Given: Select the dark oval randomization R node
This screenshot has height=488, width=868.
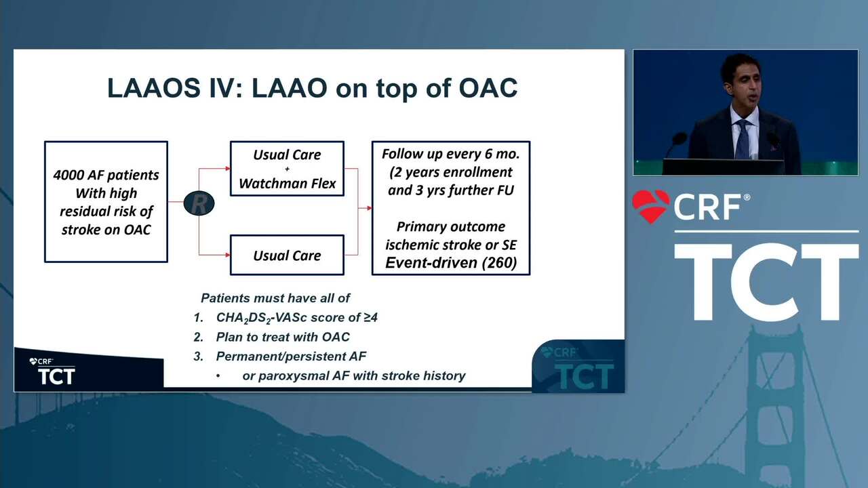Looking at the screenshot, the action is (199, 203).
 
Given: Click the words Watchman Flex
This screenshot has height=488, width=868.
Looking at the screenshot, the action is (287, 183).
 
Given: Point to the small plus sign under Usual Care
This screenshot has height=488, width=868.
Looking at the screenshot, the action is (287, 169).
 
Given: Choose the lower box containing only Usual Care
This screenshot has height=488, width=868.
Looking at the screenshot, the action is (287, 255).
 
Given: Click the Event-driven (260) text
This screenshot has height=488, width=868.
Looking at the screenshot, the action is (451, 262).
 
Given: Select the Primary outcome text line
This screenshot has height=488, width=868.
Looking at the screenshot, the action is (451, 226).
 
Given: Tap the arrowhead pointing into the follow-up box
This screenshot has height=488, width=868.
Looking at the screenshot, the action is (370, 208).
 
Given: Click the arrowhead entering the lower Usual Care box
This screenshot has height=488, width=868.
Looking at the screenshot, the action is (228, 255).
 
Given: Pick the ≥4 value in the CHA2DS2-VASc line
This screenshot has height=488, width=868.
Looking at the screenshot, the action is (370, 318).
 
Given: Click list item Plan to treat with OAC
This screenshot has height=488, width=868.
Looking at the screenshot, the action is (283, 337).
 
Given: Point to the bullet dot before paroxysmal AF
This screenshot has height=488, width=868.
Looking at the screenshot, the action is (218, 375).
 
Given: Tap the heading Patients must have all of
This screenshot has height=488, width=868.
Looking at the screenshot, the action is (275, 298).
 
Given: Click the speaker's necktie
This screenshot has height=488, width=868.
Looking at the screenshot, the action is (743, 139).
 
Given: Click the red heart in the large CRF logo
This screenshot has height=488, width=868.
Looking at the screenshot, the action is (650, 206).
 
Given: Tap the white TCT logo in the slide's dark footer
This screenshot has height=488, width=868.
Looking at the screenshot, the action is (56, 376).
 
